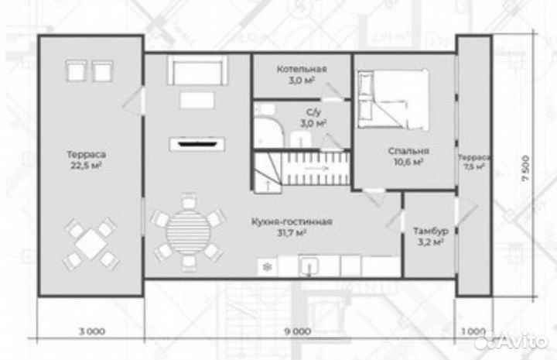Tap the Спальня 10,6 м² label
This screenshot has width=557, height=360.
(408, 156)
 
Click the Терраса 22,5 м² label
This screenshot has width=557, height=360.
(87, 160)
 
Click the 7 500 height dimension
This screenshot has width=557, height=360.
(527, 168)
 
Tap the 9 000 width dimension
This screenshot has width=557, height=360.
(298, 331)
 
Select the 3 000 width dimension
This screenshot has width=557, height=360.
(91, 331)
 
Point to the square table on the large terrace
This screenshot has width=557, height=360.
(91, 244)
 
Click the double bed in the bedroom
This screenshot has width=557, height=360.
(393, 100)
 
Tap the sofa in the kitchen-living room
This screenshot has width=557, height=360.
(197, 70)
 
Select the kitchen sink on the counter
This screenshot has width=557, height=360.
(309, 266)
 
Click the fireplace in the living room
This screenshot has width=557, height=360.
(196, 144)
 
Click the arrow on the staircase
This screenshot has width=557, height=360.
(316, 168)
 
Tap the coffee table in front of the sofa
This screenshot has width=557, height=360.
(196, 100)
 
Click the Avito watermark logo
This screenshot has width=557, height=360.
(511, 341)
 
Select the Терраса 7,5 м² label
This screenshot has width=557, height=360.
(474, 162)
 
